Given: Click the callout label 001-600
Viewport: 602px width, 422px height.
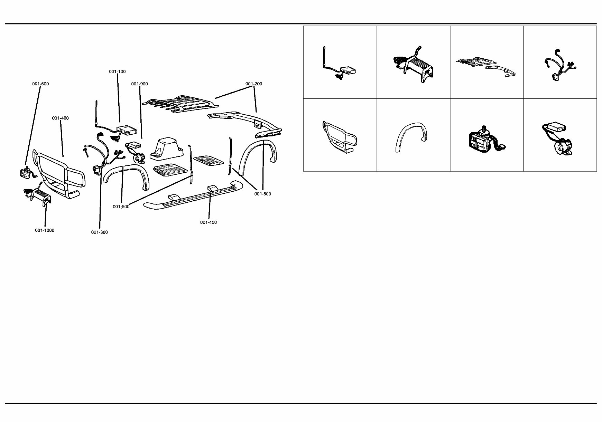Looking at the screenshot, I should (40, 84).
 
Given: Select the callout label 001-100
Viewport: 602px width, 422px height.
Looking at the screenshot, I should (117, 71).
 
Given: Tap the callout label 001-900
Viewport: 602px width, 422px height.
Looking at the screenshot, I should (139, 84).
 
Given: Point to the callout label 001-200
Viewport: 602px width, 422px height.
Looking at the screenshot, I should (254, 84).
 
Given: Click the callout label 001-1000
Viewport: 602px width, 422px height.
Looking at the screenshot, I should (45, 230).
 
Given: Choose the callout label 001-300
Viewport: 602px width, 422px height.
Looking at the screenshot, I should (100, 232).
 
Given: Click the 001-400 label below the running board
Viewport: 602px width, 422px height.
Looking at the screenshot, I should (209, 222).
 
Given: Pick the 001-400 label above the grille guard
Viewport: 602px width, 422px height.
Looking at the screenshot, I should (61, 118).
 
